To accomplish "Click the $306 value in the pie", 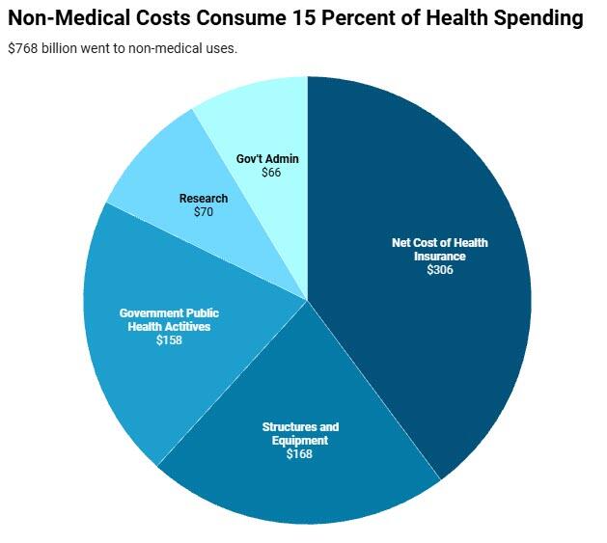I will (x=439, y=270).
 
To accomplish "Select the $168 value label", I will (x=299, y=453).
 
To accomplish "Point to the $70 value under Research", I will (x=203, y=211).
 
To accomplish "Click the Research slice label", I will (x=203, y=199).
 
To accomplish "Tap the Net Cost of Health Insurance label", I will (x=439, y=250).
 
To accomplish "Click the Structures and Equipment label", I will (x=300, y=434).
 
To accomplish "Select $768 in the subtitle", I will (x=23, y=48).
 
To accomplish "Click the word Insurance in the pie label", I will (x=439, y=257).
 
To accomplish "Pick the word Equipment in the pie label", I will (x=300, y=441).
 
